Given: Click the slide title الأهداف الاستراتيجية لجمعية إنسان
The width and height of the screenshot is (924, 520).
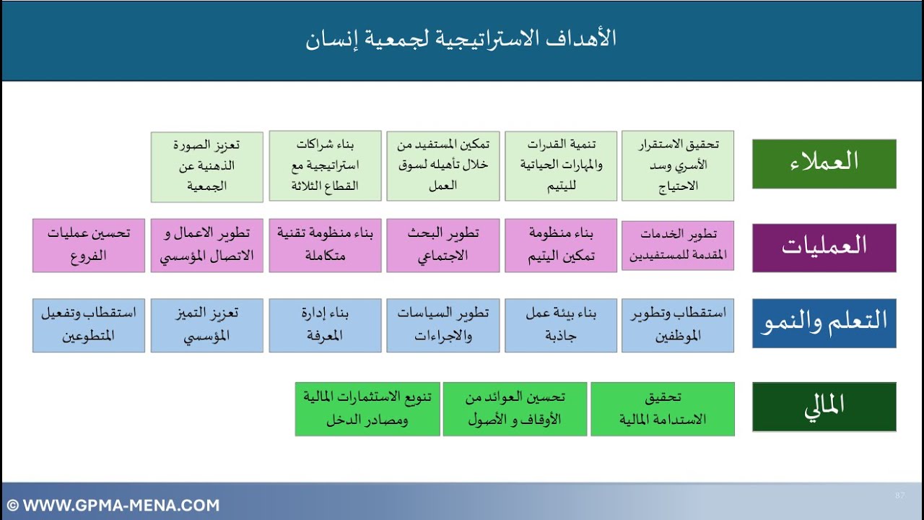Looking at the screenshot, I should click(461, 39).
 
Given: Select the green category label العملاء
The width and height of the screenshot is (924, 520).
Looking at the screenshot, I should click(824, 163).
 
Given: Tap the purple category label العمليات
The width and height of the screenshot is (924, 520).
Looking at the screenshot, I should click(824, 247).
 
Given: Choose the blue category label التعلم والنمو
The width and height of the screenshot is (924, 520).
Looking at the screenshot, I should click(824, 323).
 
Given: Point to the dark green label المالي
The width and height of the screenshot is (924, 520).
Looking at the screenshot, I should click(824, 407).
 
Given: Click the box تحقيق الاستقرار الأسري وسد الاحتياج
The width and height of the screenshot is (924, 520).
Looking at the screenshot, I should click(678, 165).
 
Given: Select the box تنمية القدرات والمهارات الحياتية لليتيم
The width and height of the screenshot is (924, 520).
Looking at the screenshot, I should click(561, 165).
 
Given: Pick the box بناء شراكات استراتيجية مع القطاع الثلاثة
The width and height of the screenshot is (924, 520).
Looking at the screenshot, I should click(325, 165).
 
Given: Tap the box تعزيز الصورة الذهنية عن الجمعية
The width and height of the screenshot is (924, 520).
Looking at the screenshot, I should click(207, 165).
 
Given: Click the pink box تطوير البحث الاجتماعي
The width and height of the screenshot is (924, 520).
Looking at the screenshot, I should click(443, 246).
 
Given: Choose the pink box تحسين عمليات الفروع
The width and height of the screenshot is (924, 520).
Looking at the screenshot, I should click(89, 246).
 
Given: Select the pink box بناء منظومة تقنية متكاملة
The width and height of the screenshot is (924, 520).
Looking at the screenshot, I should click(325, 246).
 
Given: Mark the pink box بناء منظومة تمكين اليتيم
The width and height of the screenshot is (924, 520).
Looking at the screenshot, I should click(561, 246).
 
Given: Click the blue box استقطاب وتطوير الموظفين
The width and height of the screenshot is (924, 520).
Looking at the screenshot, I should click(678, 326).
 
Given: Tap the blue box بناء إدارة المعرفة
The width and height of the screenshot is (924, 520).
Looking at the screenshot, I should click(325, 326).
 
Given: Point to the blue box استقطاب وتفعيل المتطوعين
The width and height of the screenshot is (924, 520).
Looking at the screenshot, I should click(89, 326).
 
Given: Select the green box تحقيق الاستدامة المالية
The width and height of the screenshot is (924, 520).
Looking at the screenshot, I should click(663, 409).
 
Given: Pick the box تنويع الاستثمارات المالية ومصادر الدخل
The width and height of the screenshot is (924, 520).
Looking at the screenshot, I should click(367, 409).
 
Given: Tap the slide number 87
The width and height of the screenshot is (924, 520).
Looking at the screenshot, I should click(899, 495).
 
